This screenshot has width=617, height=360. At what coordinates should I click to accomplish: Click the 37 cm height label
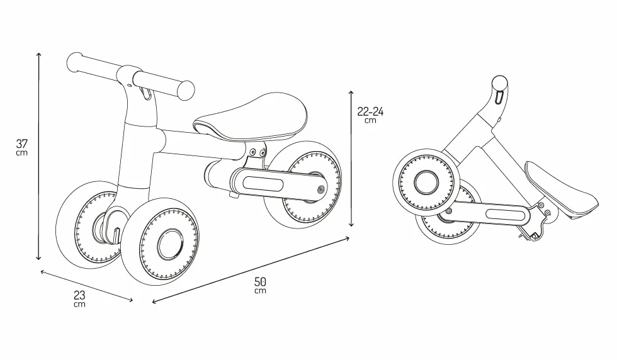(x=22, y=147)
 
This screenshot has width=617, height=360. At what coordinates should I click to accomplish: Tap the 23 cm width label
(x=79, y=298)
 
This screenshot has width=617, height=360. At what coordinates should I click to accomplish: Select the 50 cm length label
(x=260, y=285)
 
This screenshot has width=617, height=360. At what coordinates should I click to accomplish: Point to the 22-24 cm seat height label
(x=370, y=115)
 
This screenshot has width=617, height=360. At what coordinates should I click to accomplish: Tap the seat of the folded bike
(x=563, y=193)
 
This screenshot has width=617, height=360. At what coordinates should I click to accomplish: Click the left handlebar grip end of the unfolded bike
(x=74, y=62)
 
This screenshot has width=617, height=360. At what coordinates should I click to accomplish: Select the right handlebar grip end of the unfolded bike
(x=186, y=90)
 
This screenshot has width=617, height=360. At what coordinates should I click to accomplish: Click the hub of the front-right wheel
(x=171, y=244)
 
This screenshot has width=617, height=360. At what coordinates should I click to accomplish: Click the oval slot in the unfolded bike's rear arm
(x=263, y=184)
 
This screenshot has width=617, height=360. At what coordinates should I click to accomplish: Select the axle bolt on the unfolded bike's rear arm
(x=320, y=190)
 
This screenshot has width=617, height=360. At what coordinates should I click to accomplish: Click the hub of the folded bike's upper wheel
(x=427, y=182)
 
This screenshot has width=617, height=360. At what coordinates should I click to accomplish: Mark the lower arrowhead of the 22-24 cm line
(x=351, y=224)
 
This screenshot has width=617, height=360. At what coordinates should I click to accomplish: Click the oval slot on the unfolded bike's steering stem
(x=146, y=94)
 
